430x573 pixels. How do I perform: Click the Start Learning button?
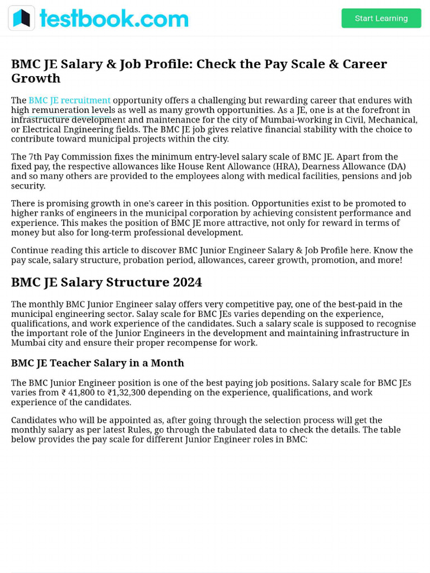(x=381, y=18)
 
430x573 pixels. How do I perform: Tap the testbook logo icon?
(x=21, y=18)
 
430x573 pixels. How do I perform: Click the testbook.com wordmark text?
(x=114, y=18)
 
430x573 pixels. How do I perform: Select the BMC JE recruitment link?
(x=69, y=100)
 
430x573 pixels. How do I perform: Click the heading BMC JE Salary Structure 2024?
(x=106, y=282)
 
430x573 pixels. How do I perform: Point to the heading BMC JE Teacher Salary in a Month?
(x=97, y=363)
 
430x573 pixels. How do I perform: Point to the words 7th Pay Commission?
(x=66, y=157)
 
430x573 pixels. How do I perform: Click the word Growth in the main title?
(x=36, y=78)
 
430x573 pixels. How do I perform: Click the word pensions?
(x=359, y=176)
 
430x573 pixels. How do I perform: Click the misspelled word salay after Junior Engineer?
(x=166, y=304)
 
